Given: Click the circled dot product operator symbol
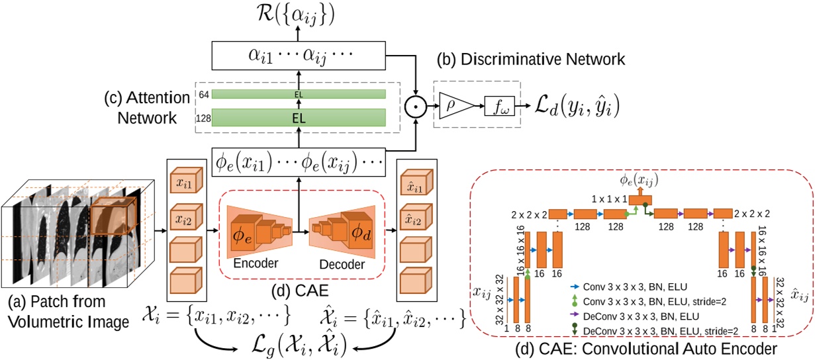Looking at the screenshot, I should [x=415, y=105].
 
